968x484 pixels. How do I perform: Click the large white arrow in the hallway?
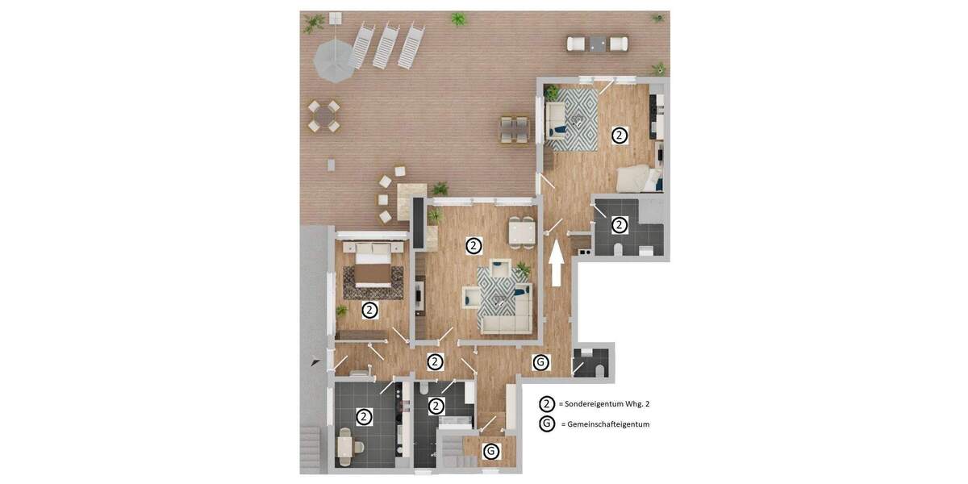556,262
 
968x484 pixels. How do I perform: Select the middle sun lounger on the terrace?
386,45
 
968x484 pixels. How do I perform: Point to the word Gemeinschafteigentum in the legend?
609,424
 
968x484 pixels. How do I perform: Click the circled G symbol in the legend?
547,423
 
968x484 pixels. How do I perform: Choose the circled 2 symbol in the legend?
547,403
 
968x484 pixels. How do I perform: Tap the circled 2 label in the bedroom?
369,309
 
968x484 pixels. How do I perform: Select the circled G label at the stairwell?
490,451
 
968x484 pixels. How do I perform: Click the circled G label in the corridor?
540,362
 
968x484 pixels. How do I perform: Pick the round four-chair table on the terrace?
323,116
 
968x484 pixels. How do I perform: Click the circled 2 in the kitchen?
364,417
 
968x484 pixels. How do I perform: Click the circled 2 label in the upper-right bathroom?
619,225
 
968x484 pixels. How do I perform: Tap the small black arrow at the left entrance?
316,363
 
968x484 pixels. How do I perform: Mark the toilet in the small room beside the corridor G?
599,370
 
